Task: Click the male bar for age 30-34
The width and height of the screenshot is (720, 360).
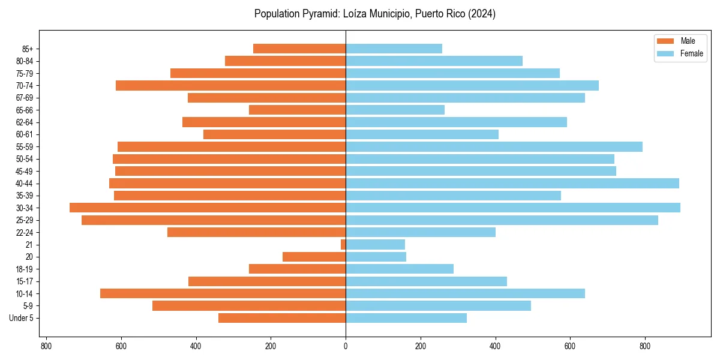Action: point(208,208)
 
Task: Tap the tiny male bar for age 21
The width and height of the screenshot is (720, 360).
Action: point(343,244)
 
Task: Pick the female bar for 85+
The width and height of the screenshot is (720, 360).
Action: point(394,49)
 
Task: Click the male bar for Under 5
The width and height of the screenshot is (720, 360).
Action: point(282,318)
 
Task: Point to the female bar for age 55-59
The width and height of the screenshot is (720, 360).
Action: point(494,146)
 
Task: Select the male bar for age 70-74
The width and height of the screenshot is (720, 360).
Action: point(230,85)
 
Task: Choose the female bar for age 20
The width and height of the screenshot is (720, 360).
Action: point(376,257)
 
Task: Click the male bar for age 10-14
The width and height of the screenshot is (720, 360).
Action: point(223,293)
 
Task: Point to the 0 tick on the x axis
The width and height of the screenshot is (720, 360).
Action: point(346,346)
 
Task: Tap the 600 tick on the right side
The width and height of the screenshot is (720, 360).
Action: point(570,346)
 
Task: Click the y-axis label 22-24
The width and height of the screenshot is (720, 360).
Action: point(24,232)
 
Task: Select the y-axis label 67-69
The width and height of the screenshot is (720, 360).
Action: point(24,98)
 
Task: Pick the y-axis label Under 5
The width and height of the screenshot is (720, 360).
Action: point(22,318)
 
